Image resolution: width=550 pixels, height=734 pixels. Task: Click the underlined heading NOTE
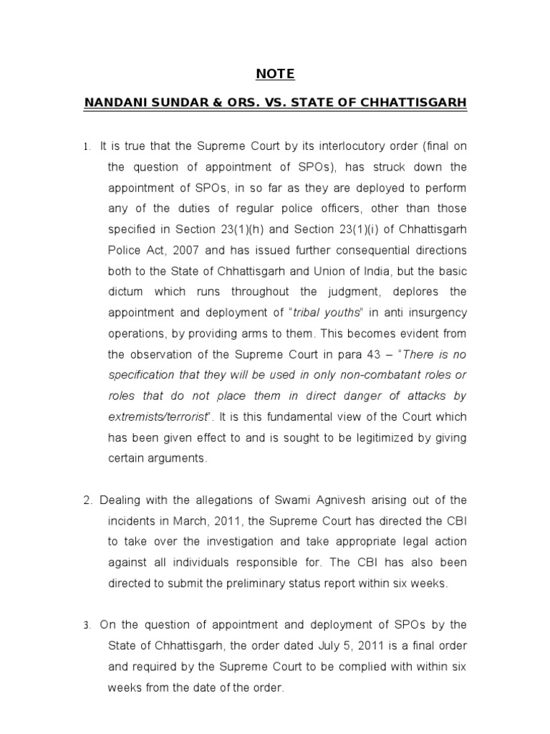tap(275, 74)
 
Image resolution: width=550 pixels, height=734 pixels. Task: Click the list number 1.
tap(86, 147)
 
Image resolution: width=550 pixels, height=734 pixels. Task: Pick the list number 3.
tap(86, 625)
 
